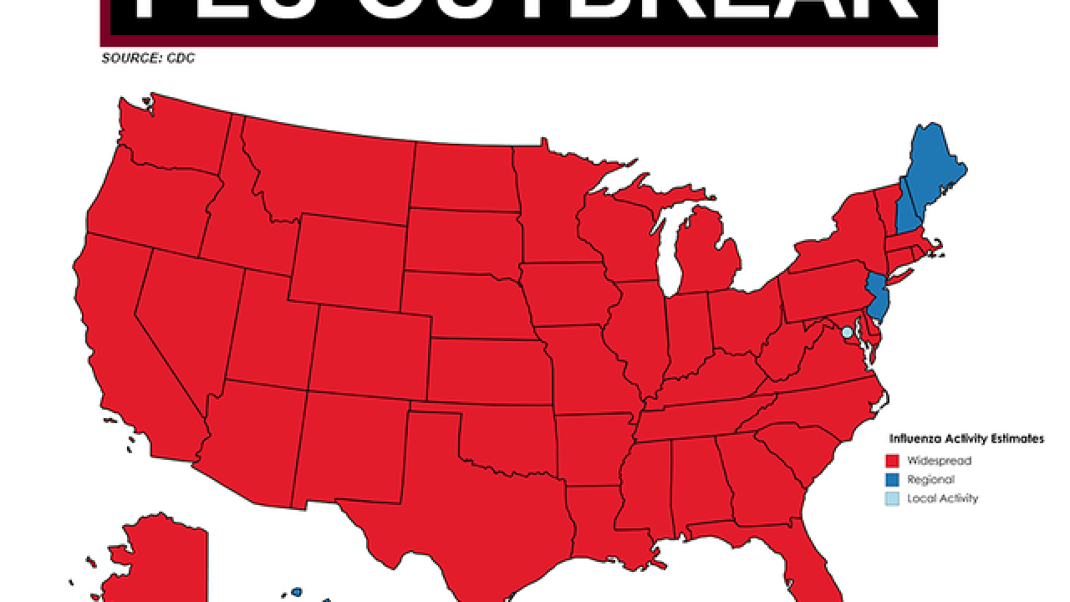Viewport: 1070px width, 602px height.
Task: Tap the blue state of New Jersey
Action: pos(877,298)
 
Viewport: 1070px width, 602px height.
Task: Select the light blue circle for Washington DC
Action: pos(847,332)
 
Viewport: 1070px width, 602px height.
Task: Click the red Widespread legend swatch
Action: pos(892,461)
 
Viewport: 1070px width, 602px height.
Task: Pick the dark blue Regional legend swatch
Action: pos(892,480)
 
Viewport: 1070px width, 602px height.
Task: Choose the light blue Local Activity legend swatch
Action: pos(892,499)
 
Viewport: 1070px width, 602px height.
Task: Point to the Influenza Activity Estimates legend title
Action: pos(966,439)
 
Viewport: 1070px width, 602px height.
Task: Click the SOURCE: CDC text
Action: pos(148,59)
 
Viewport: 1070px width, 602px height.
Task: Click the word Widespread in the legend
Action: pos(940,461)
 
